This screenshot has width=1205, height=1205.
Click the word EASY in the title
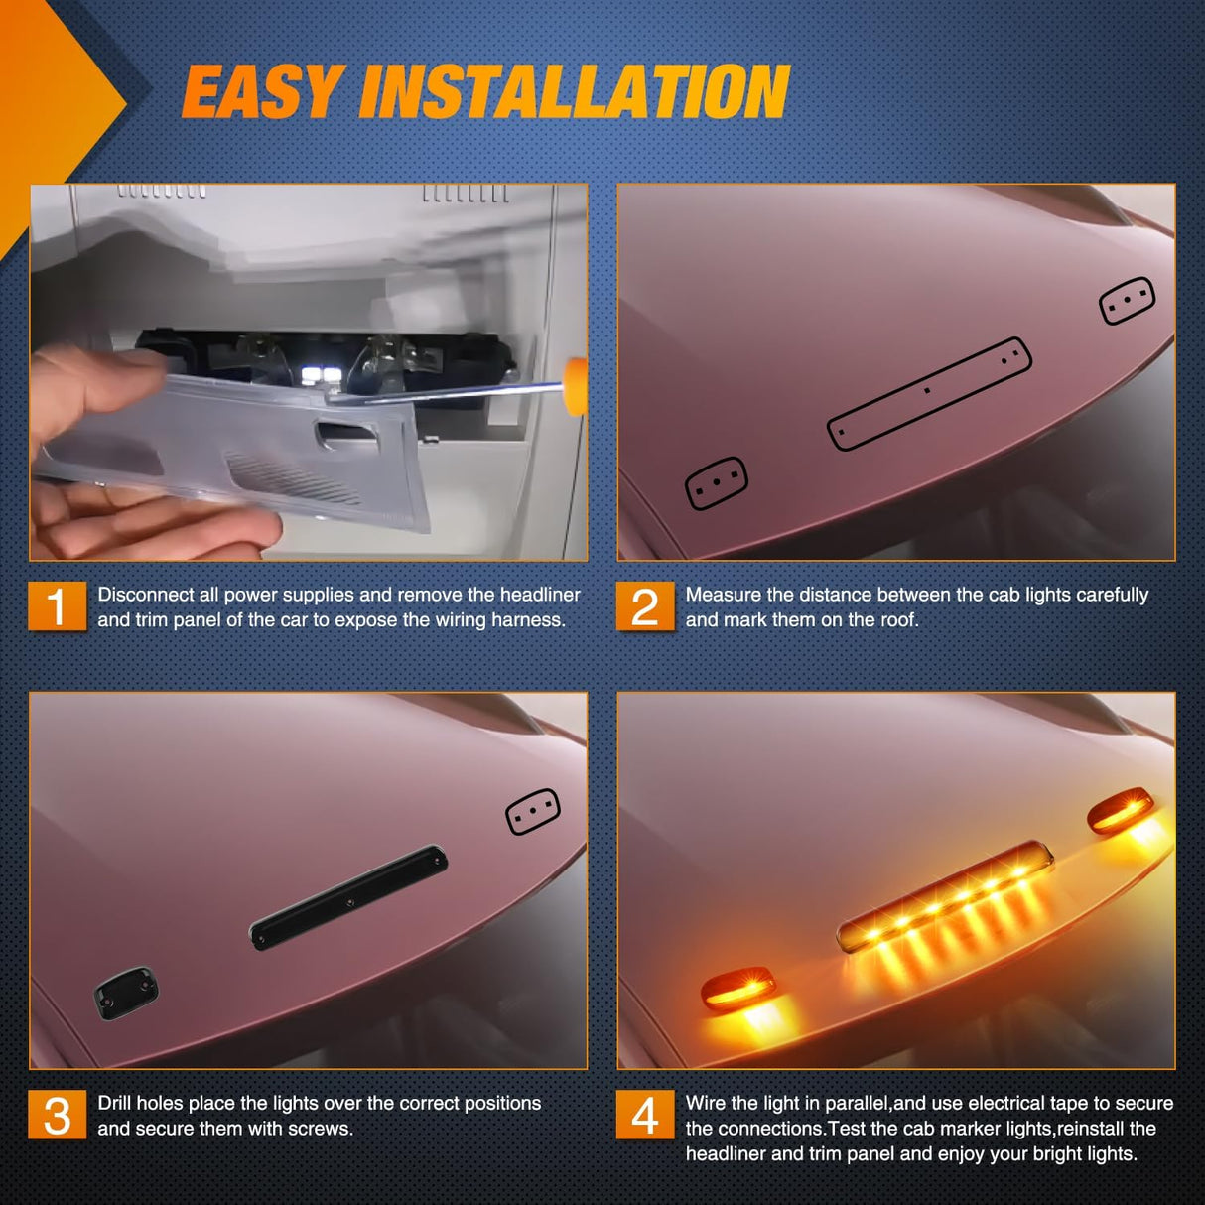pos(263,92)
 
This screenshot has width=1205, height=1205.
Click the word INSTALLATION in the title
pos(575,92)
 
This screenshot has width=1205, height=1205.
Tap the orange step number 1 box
pos(57,605)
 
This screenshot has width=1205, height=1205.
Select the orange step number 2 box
pos(645,605)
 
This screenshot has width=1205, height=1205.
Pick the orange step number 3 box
pos(57,1115)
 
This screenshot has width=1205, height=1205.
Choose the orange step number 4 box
pos(645,1115)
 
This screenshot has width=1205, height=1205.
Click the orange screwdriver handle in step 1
pos(576,385)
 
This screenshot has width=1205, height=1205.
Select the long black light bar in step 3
pos(348,896)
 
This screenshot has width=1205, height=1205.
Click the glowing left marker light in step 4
pos(737,990)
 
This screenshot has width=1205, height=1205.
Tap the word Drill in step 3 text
pos(114,1103)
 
